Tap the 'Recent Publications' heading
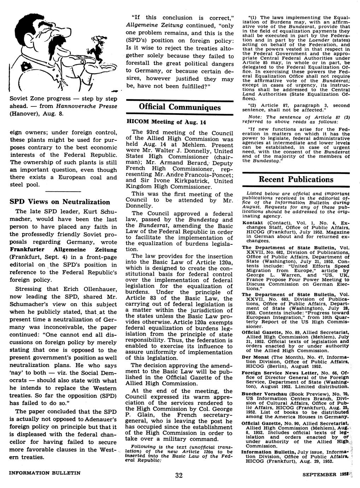tap(296, 179)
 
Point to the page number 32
tap(179, 475)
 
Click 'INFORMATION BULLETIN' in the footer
tap(45, 472)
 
